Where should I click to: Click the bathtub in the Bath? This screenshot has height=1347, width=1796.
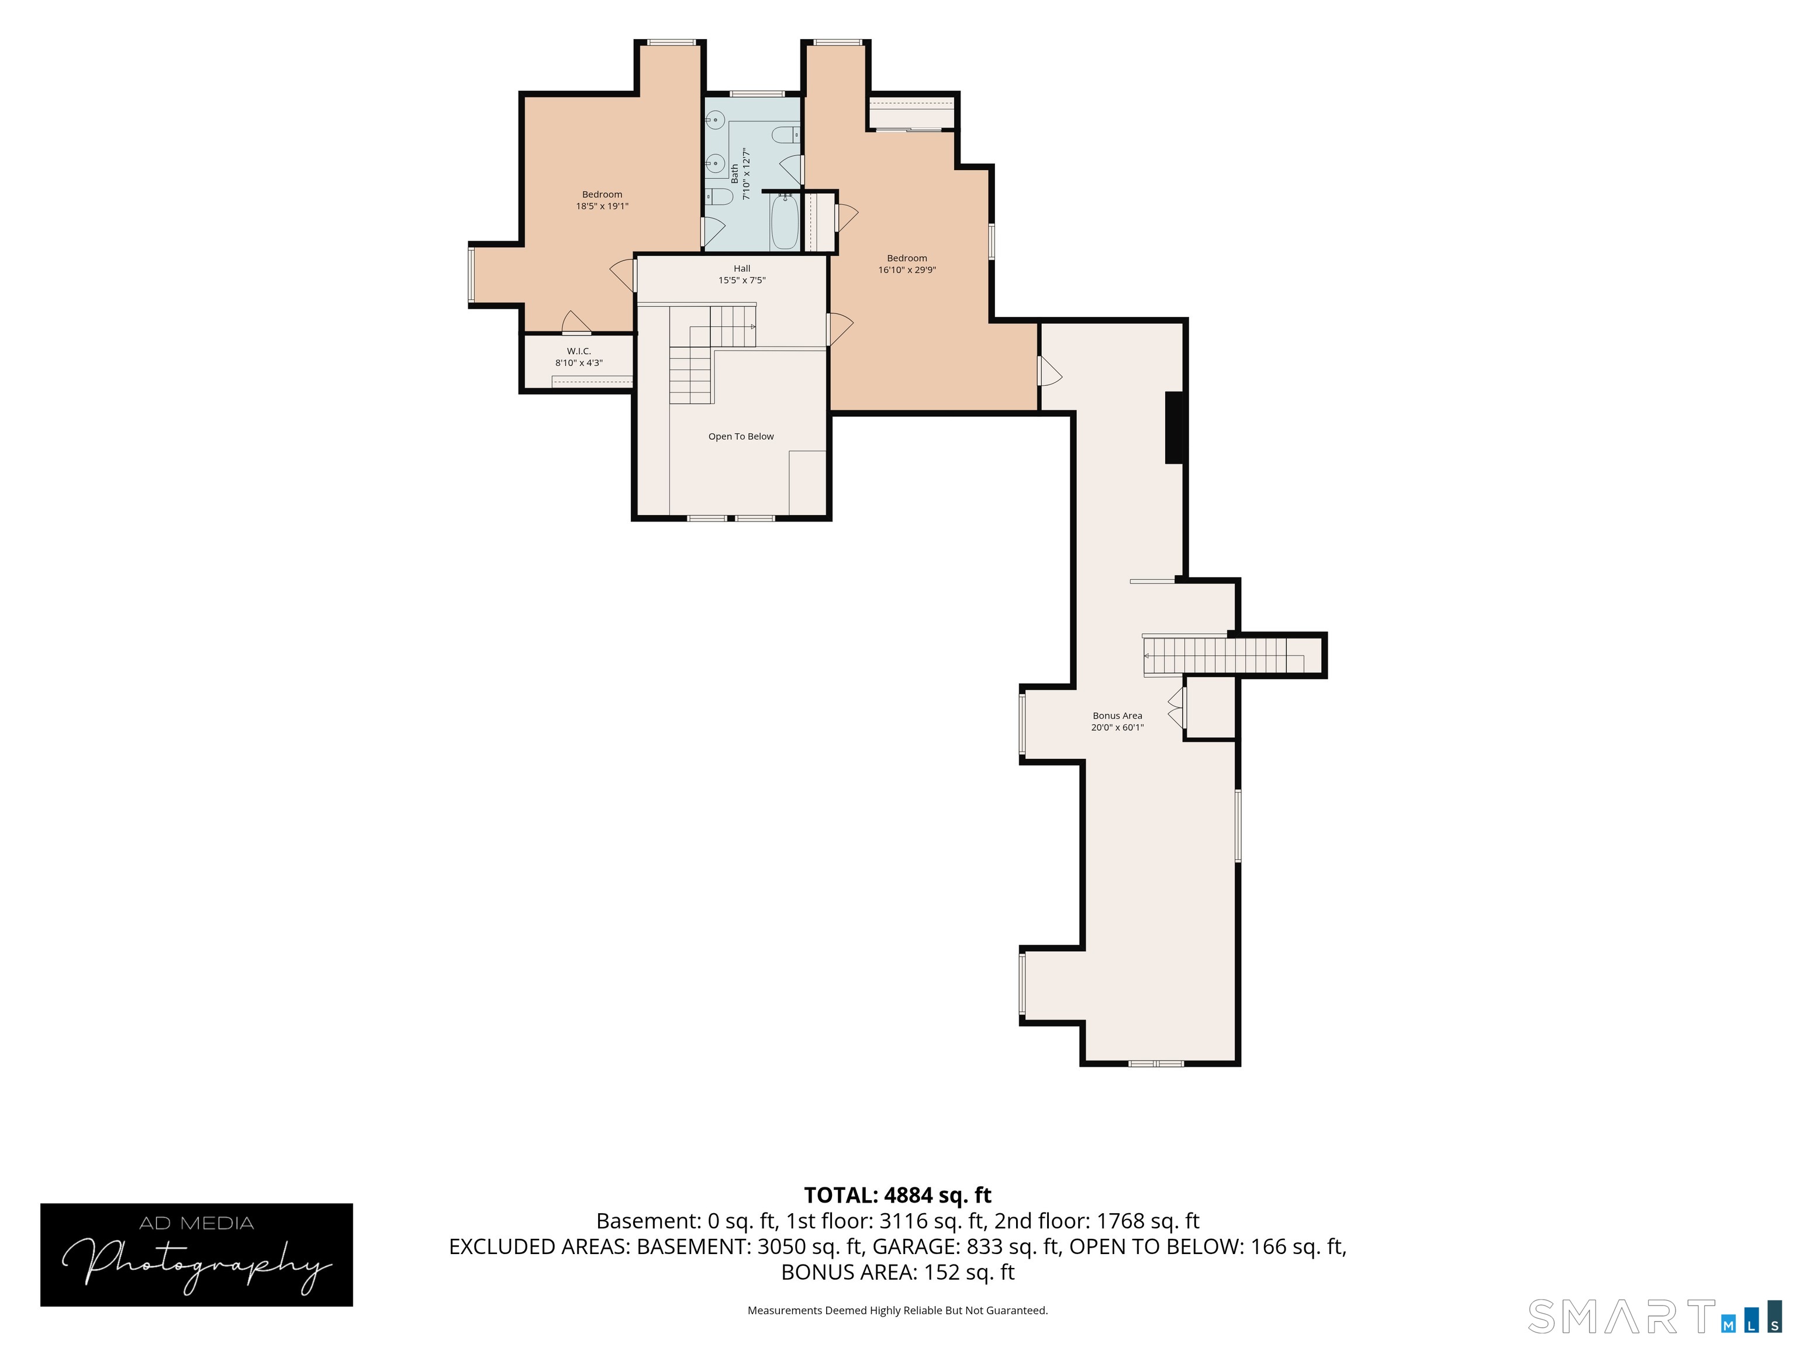pos(785,222)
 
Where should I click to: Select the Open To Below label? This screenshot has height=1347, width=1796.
pos(741,437)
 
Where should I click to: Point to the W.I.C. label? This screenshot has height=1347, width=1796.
pos(579,351)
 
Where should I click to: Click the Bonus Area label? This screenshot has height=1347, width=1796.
pos(1117,716)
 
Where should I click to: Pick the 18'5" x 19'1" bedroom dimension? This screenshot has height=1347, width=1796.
pos(602,206)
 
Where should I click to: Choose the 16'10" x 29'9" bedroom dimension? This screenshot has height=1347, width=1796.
pos(907,270)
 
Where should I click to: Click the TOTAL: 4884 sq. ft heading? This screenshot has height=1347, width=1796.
pos(898,1195)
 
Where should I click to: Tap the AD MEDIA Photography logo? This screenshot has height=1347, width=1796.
pos(196,1255)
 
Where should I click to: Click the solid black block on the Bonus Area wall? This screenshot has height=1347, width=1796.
pos(1174,428)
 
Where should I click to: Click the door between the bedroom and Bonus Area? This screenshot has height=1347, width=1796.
pos(1050,371)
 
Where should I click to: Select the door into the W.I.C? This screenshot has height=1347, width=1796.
pos(576,323)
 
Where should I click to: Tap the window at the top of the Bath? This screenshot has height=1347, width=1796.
pos(757,94)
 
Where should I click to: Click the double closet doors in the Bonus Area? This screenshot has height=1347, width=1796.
pos(1176,707)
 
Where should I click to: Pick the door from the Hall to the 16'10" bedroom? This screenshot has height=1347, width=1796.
pos(840,329)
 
